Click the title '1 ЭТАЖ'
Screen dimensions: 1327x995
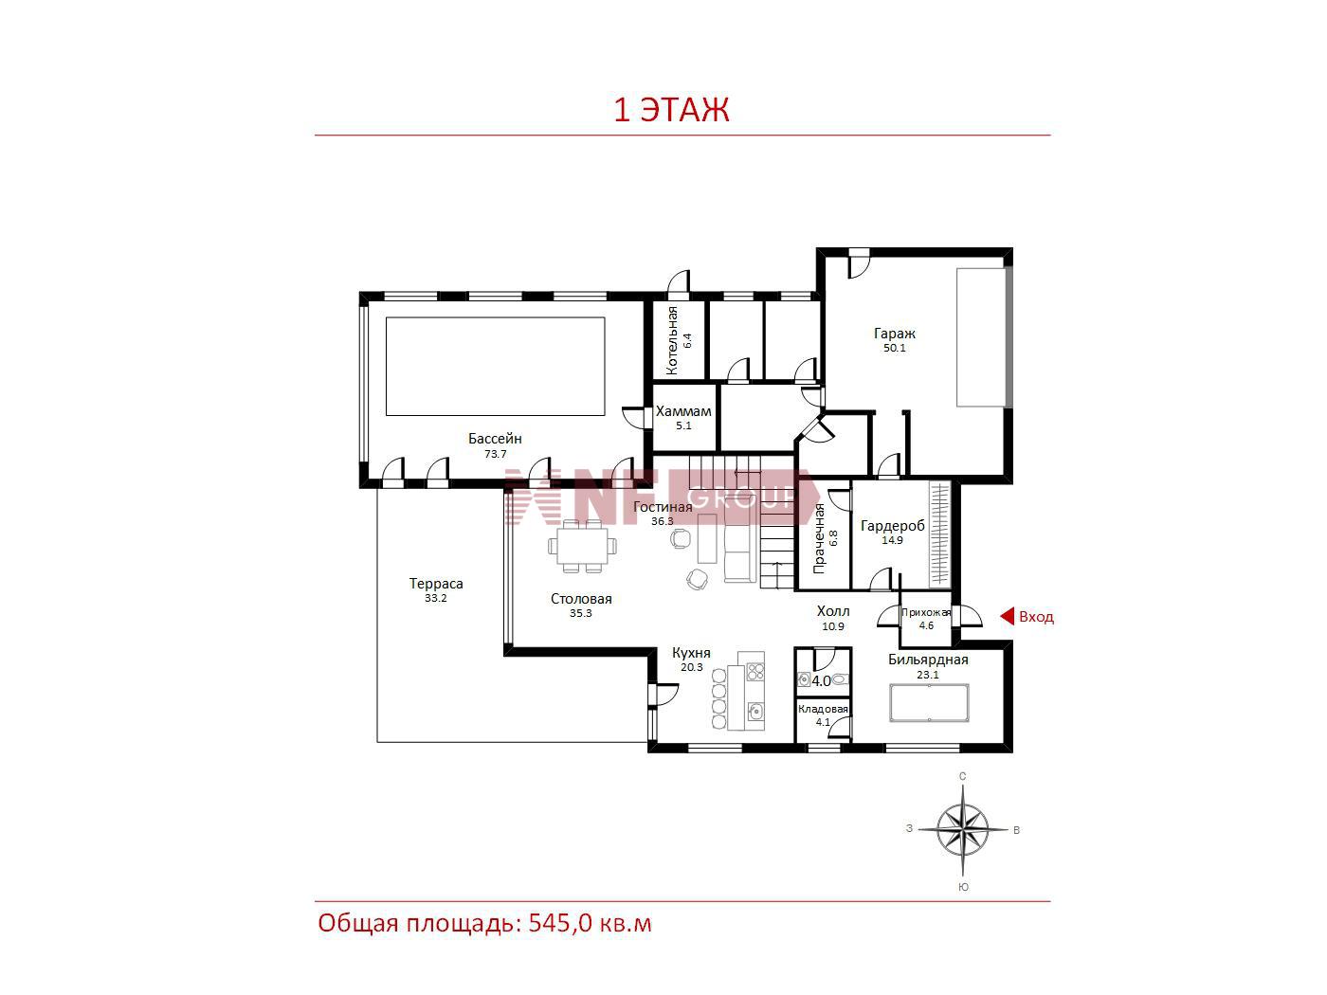tap(671, 110)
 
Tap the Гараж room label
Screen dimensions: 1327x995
tap(895, 333)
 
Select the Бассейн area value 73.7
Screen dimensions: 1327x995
tap(495, 454)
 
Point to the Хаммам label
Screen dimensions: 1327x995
tap(683, 411)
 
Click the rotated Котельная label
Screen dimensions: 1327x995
tap(672, 341)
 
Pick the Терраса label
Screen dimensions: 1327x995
tap(436, 584)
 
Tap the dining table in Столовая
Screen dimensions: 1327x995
tap(583, 546)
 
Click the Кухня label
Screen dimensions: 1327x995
tap(692, 653)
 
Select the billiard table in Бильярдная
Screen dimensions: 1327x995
tap(929, 702)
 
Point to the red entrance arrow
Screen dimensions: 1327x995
tap(1007, 617)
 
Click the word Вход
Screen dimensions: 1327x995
tap(1036, 617)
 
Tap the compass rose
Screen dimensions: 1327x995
tap(963, 829)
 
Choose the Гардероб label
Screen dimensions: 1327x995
tap(892, 526)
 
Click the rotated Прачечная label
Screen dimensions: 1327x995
tap(819, 538)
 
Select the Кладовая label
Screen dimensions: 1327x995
tap(823, 709)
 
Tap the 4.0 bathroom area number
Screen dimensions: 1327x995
tap(821, 681)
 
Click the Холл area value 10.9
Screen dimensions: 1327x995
tap(833, 626)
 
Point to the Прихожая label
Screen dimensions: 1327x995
tap(926, 612)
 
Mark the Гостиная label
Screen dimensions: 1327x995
tap(663, 507)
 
